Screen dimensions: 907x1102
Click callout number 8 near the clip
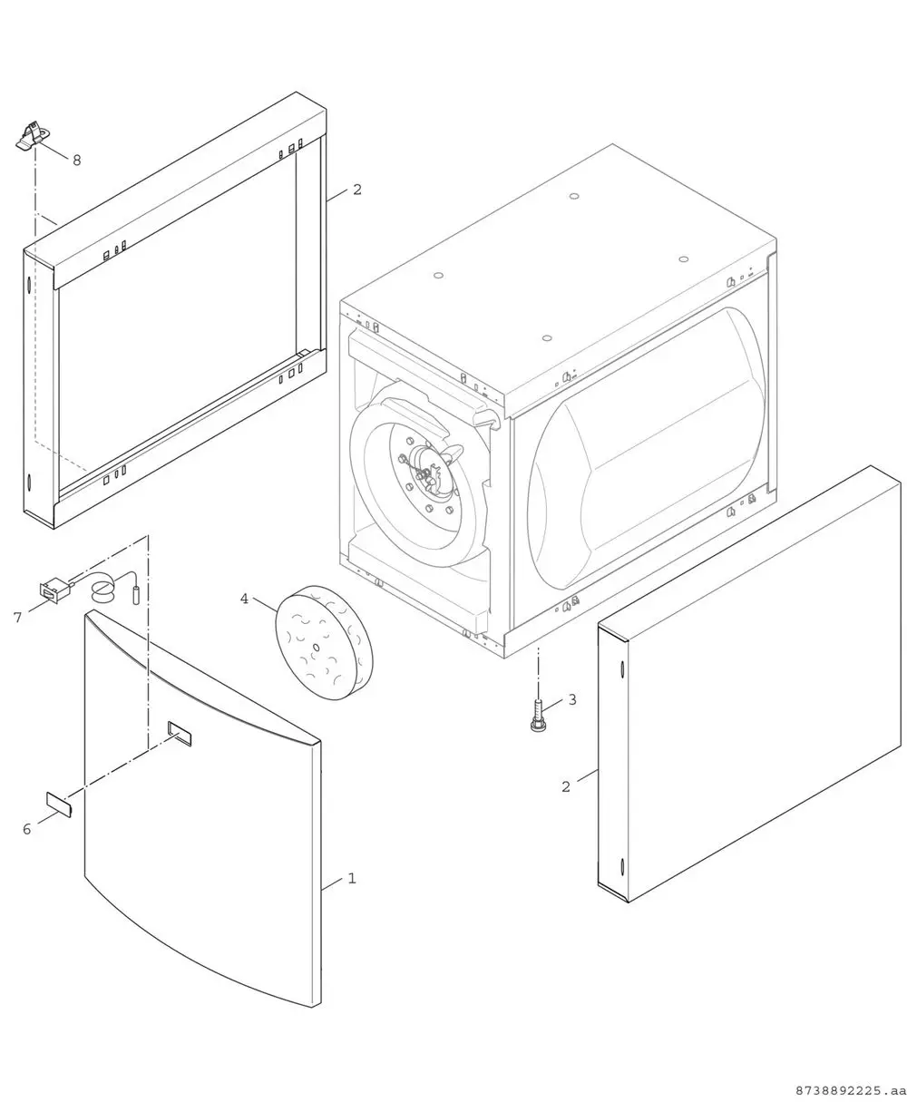click(77, 160)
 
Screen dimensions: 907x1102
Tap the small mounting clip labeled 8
click(33, 136)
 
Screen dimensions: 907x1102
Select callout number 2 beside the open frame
click(356, 190)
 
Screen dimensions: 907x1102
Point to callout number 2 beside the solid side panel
click(566, 786)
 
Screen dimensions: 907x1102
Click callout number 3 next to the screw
click(572, 699)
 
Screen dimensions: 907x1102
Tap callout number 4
click(244, 599)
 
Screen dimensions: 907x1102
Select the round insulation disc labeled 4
click(324, 642)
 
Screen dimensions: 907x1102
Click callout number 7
click(18, 618)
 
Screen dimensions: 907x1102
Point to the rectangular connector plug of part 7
click(54, 590)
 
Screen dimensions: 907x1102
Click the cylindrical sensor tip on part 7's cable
click(137, 595)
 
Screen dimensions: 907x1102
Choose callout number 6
click(26, 829)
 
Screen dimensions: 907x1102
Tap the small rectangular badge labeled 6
click(59, 803)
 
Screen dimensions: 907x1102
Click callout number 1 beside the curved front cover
click(352, 878)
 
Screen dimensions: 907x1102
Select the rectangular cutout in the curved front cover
click(180, 733)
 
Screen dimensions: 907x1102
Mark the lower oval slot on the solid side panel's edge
click(621, 868)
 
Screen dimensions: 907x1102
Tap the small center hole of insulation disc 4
click(316, 648)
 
